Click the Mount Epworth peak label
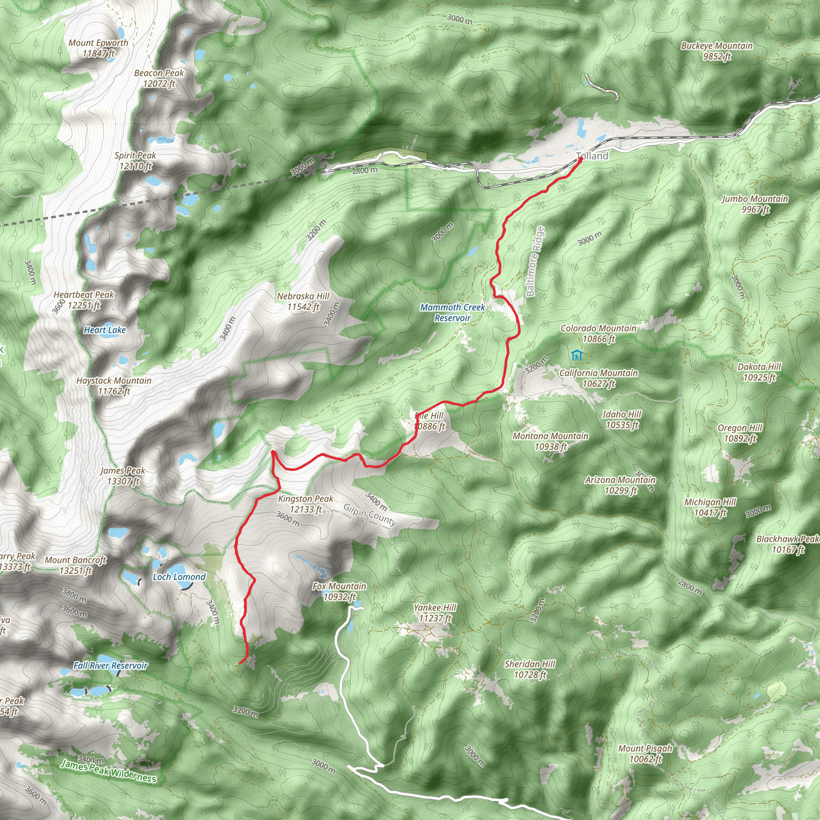[98, 48]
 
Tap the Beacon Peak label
[159, 78]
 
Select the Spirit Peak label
[135, 161]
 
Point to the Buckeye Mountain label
[717, 51]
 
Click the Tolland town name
[593, 156]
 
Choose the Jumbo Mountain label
[755, 204]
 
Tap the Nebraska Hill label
[303, 301]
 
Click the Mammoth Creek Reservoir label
[452, 312]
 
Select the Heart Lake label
[105, 330]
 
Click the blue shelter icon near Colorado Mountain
[576, 355]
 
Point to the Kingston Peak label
[305, 504]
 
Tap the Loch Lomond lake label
[179, 577]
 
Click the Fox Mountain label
[339, 592]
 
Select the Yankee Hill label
[435, 613]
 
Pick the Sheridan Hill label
[530, 669]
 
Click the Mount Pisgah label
[645, 754]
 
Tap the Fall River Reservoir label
[111, 665]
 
